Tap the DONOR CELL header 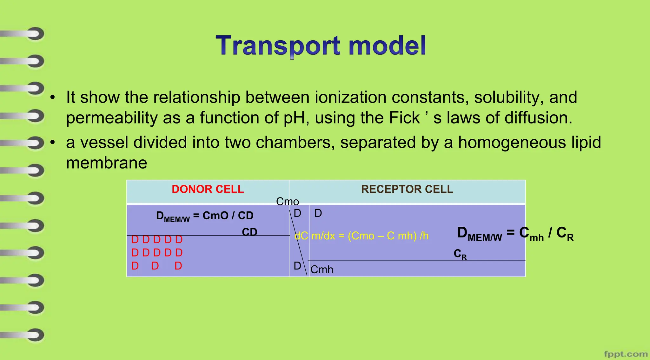pyautogui.click(x=208, y=189)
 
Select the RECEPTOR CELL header pyautogui.click(x=407, y=189)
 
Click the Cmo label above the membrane pyautogui.click(x=287, y=202)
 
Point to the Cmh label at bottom pyautogui.click(x=322, y=270)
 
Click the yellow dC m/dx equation pyautogui.click(x=361, y=236)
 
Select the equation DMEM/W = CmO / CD pyautogui.click(x=205, y=216)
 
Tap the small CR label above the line pyautogui.click(x=460, y=254)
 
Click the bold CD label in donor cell pyautogui.click(x=249, y=232)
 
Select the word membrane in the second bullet pyautogui.click(x=106, y=163)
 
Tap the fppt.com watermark pyautogui.click(x=626, y=354)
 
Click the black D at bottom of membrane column pyautogui.click(x=297, y=266)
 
